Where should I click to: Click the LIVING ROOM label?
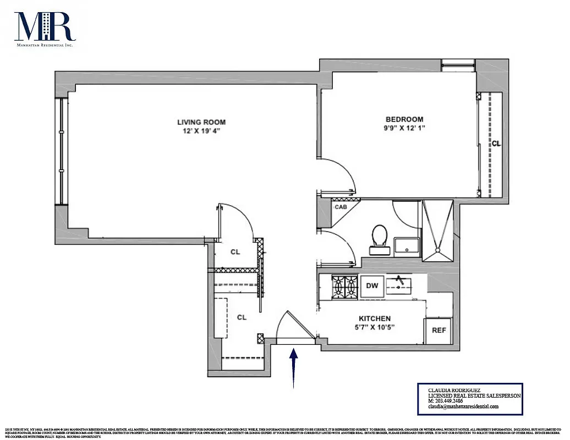(x=201, y=122)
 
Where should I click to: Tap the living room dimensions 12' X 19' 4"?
(x=201, y=131)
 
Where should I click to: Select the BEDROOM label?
(x=404, y=119)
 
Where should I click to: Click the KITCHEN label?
(x=374, y=318)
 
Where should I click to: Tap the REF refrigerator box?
(x=438, y=331)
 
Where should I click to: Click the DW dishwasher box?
(x=372, y=286)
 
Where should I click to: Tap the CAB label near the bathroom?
(x=341, y=207)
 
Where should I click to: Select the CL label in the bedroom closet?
(x=496, y=144)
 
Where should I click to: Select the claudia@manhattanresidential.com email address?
(x=463, y=407)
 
